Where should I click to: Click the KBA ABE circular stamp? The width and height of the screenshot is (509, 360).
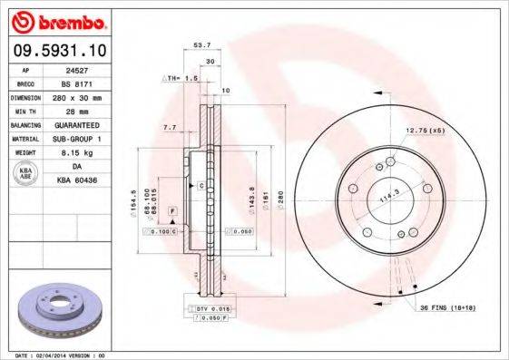24,174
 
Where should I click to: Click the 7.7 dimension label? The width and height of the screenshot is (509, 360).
169,129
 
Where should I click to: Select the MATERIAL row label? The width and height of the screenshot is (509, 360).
24,138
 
